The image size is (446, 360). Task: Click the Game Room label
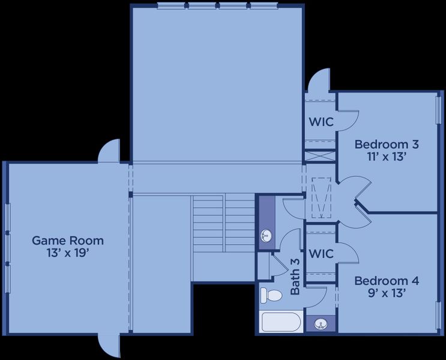[67, 241]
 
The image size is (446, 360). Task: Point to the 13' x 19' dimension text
[67, 253]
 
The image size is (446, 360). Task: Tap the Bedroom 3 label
[386, 144]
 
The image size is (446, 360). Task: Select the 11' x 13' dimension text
[386, 157]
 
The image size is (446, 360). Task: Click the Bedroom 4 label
[386, 281]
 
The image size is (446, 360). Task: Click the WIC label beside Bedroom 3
[321, 122]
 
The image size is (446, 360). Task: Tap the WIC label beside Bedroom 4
[321, 254]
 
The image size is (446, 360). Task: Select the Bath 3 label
[295, 276]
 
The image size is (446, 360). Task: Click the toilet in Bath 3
[271, 295]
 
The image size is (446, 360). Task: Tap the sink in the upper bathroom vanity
[266, 236]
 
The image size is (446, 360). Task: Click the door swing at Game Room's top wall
[110, 152]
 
